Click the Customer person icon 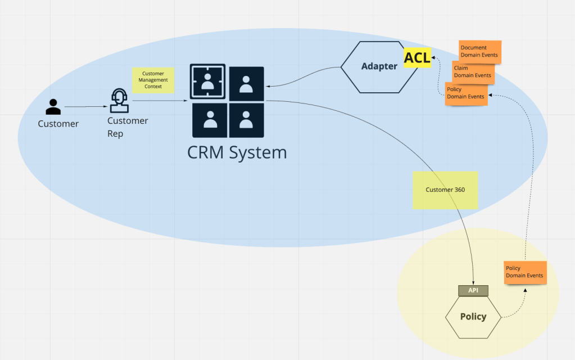pos(53,107)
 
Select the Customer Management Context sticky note pos(153,80)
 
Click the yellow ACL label pos(417,57)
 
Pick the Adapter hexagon pos(379,66)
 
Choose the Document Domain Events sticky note pos(479,51)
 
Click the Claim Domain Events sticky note pos(473,71)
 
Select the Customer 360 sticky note pos(445,190)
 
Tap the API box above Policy pos(473,290)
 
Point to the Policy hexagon pos(473,317)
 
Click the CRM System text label pos(237,152)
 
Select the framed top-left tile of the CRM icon pos(207,82)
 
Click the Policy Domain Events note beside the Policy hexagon pos(525,272)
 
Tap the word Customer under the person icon pos(58,124)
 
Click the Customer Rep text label pos(128,127)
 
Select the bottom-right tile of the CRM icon pos(246,120)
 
